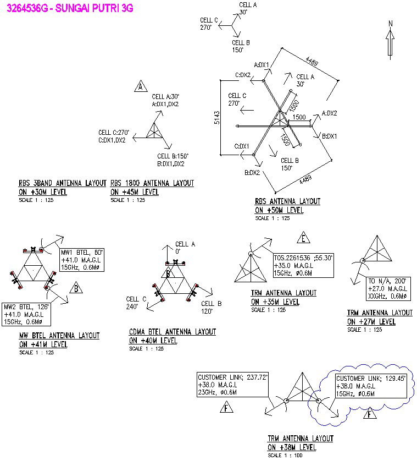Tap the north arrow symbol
pyautogui.click(x=390, y=40)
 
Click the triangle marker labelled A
pyautogui.click(x=141, y=86)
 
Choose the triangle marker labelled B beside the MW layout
pyautogui.click(x=77, y=288)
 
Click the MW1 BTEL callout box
pyautogui.click(x=82, y=260)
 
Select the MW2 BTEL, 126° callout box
pyautogui.click(x=27, y=314)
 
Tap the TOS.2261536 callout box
pyautogui.click(x=303, y=265)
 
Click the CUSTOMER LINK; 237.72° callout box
pyautogui.click(x=232, y=385)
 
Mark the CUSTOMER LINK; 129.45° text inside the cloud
pyautogui.click(x=363, y=379)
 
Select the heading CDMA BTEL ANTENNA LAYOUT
pyautogui.click(x=173, y=332)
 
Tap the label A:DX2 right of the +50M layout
pyautogui.click(x=329, y=113)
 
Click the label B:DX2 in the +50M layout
pyautogui.click(x=252, y=173)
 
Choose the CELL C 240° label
pyautogui.click(x=136, y=303)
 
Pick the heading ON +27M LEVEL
pyautogui.click(x=371, y=321)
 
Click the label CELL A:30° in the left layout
pyautogui.click(x=165, y=96)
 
